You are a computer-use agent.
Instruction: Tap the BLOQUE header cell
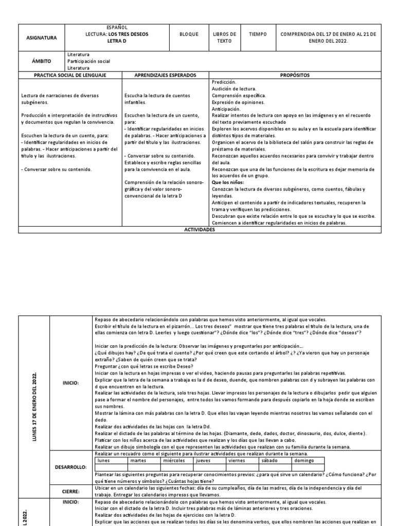click(188, 34)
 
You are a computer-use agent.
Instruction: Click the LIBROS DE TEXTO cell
click(224, 37)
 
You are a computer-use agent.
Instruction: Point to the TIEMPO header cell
click(258, 34)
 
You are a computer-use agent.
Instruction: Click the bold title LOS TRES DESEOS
click(129, 34)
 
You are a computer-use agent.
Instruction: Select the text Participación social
click(88, 61)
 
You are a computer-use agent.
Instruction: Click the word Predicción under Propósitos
click(224, 82)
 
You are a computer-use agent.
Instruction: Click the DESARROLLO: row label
click(71, 468)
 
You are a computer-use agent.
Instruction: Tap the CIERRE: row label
click(71, 491)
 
